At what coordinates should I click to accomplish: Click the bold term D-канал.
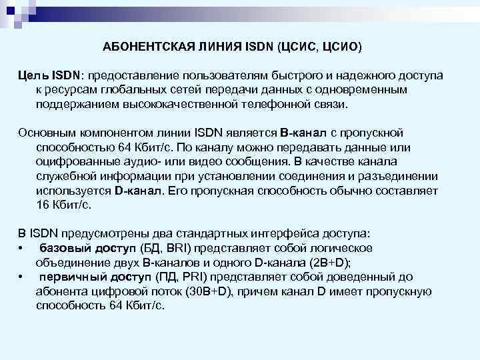(x=138, y=191)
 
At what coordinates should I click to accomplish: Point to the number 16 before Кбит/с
(x=43, y=205)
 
